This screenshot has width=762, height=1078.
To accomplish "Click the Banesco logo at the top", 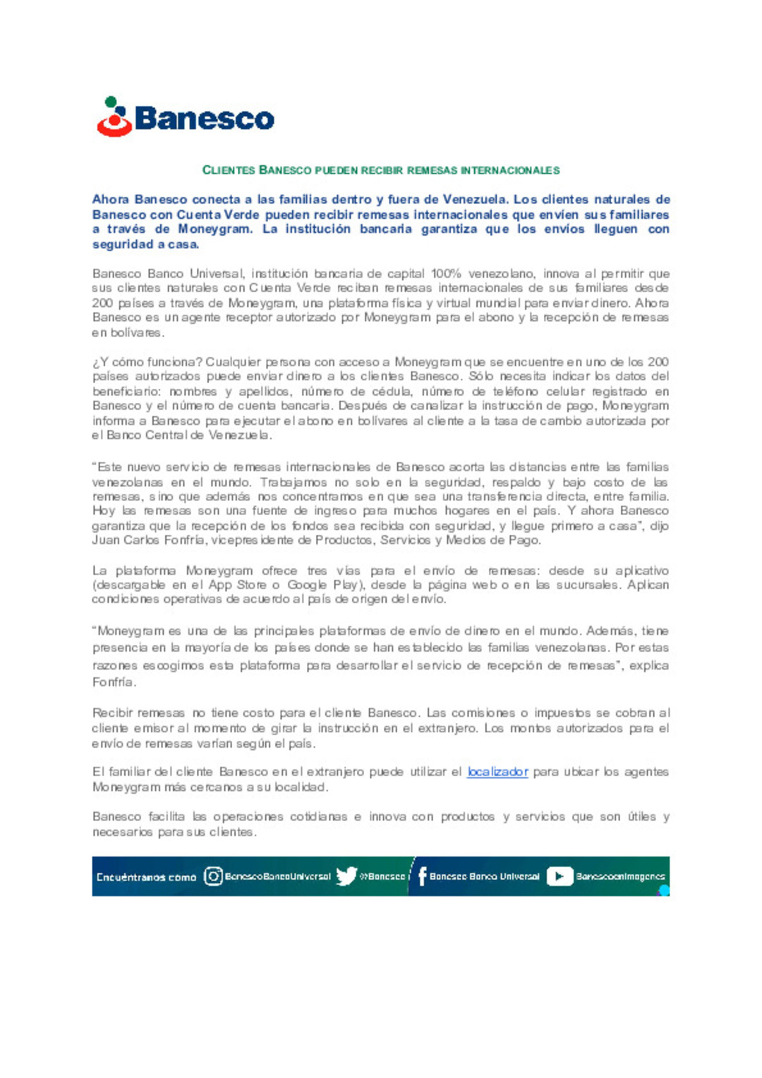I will point(186,117).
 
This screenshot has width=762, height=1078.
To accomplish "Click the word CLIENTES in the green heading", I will point(229,170).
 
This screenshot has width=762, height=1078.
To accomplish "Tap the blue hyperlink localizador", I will point(497,772).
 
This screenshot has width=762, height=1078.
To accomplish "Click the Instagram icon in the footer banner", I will point(213,876).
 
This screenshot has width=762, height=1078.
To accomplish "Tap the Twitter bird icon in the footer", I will point(346,876).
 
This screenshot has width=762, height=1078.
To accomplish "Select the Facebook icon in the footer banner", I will point(422,876).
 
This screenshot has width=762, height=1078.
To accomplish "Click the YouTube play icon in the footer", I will point(560,876).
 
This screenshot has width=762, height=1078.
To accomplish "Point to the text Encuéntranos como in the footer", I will point(146,877).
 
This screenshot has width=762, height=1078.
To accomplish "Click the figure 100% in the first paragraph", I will point(446,274).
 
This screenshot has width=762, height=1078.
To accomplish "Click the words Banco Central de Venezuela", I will point(188,435).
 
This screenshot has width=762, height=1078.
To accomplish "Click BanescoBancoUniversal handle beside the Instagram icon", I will point(277,877).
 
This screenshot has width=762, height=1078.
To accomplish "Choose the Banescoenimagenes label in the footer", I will point(620,877).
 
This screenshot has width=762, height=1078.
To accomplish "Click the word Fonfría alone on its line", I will point(114,682).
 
